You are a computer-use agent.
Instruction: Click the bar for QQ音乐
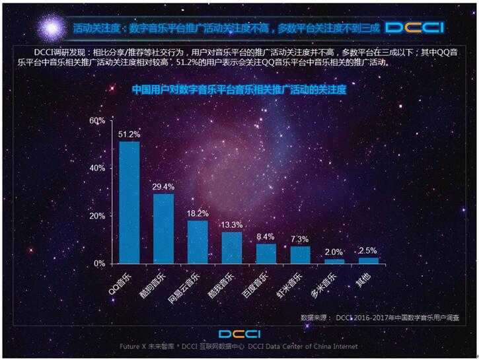pyautogui.click(x=129, y=202)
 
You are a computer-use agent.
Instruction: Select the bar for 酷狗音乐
pyautogui.click(x=163, y=228)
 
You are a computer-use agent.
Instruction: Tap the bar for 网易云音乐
pyautogui.click(x=198, y=241)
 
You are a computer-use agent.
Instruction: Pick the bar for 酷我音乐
pyautogui.click(x=231, y=247)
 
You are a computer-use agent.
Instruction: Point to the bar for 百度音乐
pyautogui.click(x=266, y=253)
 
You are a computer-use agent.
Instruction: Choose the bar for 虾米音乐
pyautogui.click(x=300, y=254)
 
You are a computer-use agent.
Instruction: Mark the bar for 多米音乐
pyautogui.click(x=334, y=261)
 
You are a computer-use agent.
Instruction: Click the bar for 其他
pyautogui.click(x=368, y=260)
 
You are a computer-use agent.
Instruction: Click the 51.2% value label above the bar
pyautogui.click(x=129, y=135)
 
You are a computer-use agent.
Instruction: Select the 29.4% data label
pyautogui.click(x=163, y=187)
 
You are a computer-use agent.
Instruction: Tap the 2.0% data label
pyautogui.click(x=334, y=252)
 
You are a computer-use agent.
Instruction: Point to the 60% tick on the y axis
pyautogui.click(x=97, y=121)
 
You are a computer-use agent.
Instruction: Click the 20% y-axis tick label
pyautogui.click(x=97, y=216)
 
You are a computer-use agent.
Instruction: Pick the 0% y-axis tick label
pyautogui.click(x=100, y=264)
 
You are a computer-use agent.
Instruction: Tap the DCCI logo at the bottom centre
pyautogui.click(x=239, y=333)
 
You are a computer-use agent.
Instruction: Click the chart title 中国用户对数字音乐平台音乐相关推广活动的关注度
pyautogui.click(x=239, y=88)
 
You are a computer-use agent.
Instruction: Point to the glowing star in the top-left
pyautogui.click(x=52, y=27)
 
